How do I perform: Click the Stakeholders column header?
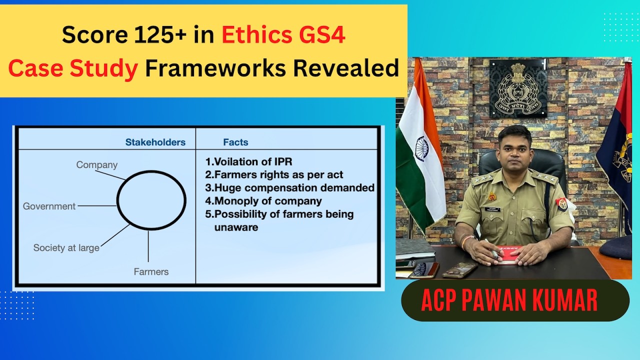(x=155, y=142)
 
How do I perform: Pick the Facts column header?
(x=235, y=142)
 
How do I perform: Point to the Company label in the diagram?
(x=96, y=164)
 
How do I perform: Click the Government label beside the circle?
(x=49, y=206)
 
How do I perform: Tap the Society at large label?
(x=66, y=247)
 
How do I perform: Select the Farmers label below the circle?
(x=151, y=272)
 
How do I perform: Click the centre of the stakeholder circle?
(x=151, y=200)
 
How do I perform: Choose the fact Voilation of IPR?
(x=248, y=162)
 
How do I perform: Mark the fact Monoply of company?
(x=263, y=201)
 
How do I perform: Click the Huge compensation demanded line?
(x=290, y=188)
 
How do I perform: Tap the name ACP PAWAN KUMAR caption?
(x=509, y=301)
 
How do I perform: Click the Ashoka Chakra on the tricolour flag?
(x=421, y=148)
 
